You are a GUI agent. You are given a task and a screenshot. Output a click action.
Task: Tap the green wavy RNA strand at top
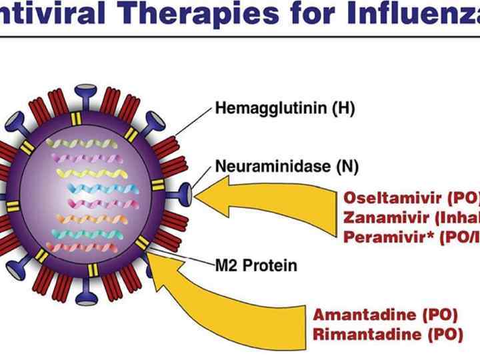[x=83, y=143]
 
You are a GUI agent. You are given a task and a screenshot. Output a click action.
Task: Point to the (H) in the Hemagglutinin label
[x=341, y=109]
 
